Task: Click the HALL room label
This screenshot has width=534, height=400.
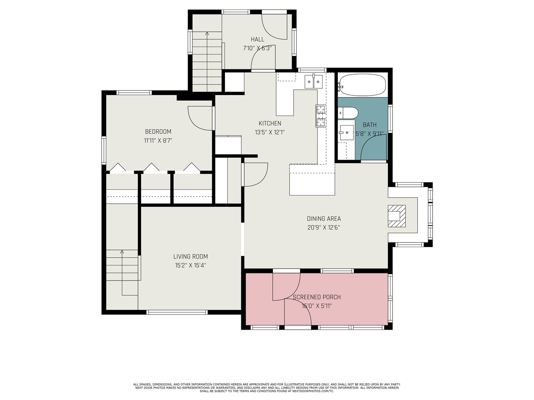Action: coord(257,40)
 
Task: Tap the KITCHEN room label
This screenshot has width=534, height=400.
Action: coord(270,123)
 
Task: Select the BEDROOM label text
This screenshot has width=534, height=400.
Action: coord(158,132)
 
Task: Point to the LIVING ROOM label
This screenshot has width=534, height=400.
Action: coord(191,257)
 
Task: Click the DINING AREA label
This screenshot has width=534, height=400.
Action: coord(324,219)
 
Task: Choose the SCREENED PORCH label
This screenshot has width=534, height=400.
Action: coord(317,297)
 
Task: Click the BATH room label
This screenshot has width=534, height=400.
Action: coord(369,125)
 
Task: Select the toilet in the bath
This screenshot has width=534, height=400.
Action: coord(348,112)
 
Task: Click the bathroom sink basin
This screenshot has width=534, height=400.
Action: coord(346,133)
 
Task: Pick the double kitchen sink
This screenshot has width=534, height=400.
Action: coord(313,81)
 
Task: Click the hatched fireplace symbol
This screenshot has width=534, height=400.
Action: coord(396,216)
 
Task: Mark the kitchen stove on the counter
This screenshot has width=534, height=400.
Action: coord(320,116)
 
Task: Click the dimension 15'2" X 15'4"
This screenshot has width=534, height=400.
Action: coord(191,265)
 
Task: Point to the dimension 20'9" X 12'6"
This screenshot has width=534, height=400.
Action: coord(324,228)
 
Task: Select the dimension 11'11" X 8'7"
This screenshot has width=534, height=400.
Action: coord(158,141)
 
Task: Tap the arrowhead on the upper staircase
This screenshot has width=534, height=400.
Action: coord(207,33)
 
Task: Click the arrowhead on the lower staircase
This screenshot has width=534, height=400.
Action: coord(122,252)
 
